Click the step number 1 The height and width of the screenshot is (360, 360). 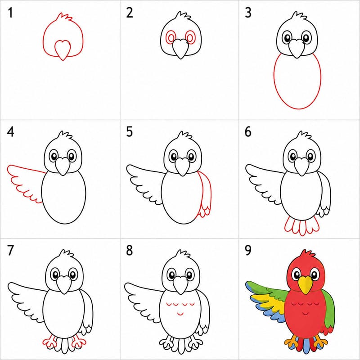point(10,13)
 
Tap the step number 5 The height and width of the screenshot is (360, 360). point(129,132)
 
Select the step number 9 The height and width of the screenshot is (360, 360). point(248,251)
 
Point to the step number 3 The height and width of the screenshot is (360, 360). point(248,13)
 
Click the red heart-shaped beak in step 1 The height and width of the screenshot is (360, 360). point(63,50)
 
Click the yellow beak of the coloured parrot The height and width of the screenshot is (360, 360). point(306,285)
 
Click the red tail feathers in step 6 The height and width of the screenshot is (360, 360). point(301,226)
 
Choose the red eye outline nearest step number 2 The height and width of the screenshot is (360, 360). point(171,37)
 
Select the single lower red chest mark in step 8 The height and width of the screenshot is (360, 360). point(180,313)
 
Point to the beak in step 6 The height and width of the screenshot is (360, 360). point(301,166)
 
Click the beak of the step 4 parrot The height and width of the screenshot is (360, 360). point(63,166)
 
